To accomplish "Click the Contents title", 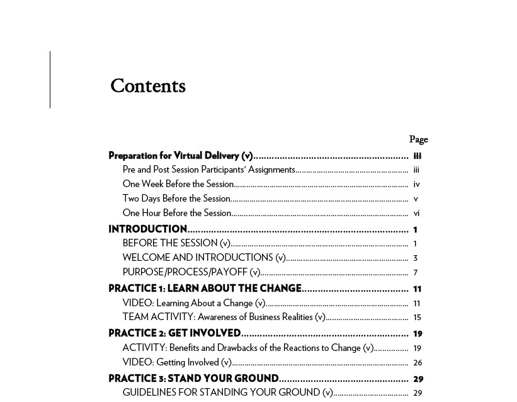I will click(x=148, y=86).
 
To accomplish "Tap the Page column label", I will click(x=418, y=139).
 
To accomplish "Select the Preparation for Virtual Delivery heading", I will click(x=181, y=156).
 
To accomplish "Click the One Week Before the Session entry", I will click(x=178, y=184).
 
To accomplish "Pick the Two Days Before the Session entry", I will click(x=176, y=198).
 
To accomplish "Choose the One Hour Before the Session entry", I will click(x=177, y=213).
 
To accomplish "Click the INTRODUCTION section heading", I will click(x=148, y=229).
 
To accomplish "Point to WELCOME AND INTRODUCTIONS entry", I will click(x=204, y=258).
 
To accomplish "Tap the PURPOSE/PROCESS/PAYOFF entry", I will click(x=191, y=272).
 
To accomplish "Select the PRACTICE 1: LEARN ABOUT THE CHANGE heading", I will click(x=205, y=289).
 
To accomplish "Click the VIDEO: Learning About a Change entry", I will click(x=194, y=303).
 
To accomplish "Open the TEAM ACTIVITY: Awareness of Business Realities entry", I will click(x=224, y=317).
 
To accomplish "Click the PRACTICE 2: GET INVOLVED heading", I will click(x=174, y=333).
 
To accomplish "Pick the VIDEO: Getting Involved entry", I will click(x=177, y=362).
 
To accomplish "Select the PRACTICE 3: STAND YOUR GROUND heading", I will click(x=193, y=379).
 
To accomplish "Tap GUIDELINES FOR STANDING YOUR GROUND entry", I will click(x=227, y=393).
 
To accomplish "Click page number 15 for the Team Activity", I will click(x=417, y=318).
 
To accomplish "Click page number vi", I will click(x=416, y=214).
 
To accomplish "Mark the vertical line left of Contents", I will click(x=50, y=80).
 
